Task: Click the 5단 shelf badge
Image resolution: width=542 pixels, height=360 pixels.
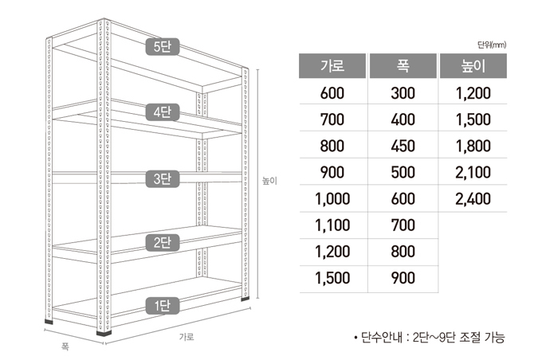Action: (163, 47)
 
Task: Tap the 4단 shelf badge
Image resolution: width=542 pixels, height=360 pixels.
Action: (163, 112)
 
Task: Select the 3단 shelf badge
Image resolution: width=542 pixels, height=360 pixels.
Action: (163, 179)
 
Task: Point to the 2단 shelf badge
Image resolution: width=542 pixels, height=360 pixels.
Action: (163, 243)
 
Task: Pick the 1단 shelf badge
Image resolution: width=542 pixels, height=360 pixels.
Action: (163, 306)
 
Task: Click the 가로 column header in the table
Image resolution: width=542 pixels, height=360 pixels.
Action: (332, 65)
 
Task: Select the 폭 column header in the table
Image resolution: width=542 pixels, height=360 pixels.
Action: (403, 65)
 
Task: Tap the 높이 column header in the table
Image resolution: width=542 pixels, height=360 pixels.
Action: (473, 65)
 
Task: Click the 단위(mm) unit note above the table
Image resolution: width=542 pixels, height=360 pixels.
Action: (492, 45)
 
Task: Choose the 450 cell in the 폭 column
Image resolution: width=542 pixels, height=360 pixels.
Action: (403, 146)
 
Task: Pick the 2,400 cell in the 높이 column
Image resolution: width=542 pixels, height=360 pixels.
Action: (473, 199)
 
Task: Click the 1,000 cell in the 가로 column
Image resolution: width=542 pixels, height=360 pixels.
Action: (332, 199)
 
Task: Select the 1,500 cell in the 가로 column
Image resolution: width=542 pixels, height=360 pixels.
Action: (332, 278)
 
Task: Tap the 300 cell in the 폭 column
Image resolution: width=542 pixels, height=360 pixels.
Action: (403, 93)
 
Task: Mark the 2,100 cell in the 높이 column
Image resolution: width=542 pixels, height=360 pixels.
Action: (473, 172)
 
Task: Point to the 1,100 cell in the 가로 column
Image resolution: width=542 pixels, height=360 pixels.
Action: (332, 225)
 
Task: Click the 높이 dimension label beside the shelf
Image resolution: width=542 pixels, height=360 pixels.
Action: (269, 181)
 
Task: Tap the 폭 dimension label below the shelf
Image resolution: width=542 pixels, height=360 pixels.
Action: (65, 346)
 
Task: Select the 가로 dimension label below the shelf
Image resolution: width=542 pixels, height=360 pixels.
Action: (187, 337)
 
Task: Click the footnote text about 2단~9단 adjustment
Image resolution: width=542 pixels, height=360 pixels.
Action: (430, 337)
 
